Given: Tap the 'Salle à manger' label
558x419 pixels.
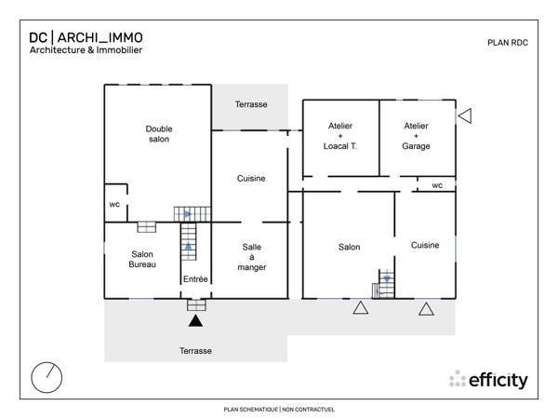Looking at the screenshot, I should coord(252,257).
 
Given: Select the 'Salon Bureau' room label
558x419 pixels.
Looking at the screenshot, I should coord(142,260).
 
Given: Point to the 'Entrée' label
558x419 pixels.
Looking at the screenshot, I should coord(195,279).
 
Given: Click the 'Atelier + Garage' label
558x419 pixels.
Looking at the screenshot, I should coord(416,136).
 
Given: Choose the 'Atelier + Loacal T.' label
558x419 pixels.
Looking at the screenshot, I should coord(340,136).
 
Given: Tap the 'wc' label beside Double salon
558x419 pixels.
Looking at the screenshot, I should coord(114,204).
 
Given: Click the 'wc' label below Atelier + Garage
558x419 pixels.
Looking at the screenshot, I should coord(436,185).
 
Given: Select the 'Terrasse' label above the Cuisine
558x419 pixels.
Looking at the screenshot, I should coord(251,104).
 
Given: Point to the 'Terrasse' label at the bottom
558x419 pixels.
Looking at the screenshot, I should coord(195,351).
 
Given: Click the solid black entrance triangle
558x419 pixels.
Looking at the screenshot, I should coord(195,321).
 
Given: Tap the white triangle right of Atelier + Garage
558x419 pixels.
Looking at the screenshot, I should coord(465,115).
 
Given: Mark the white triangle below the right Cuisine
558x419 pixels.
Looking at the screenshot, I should coord(426,309).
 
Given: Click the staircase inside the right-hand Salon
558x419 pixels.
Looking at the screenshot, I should coord(386,283).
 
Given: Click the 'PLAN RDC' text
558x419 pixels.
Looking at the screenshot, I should coord(508,43).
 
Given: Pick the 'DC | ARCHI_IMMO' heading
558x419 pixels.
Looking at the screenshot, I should coord(86,38).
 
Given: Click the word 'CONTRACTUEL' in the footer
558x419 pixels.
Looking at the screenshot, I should coord(312,409).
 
